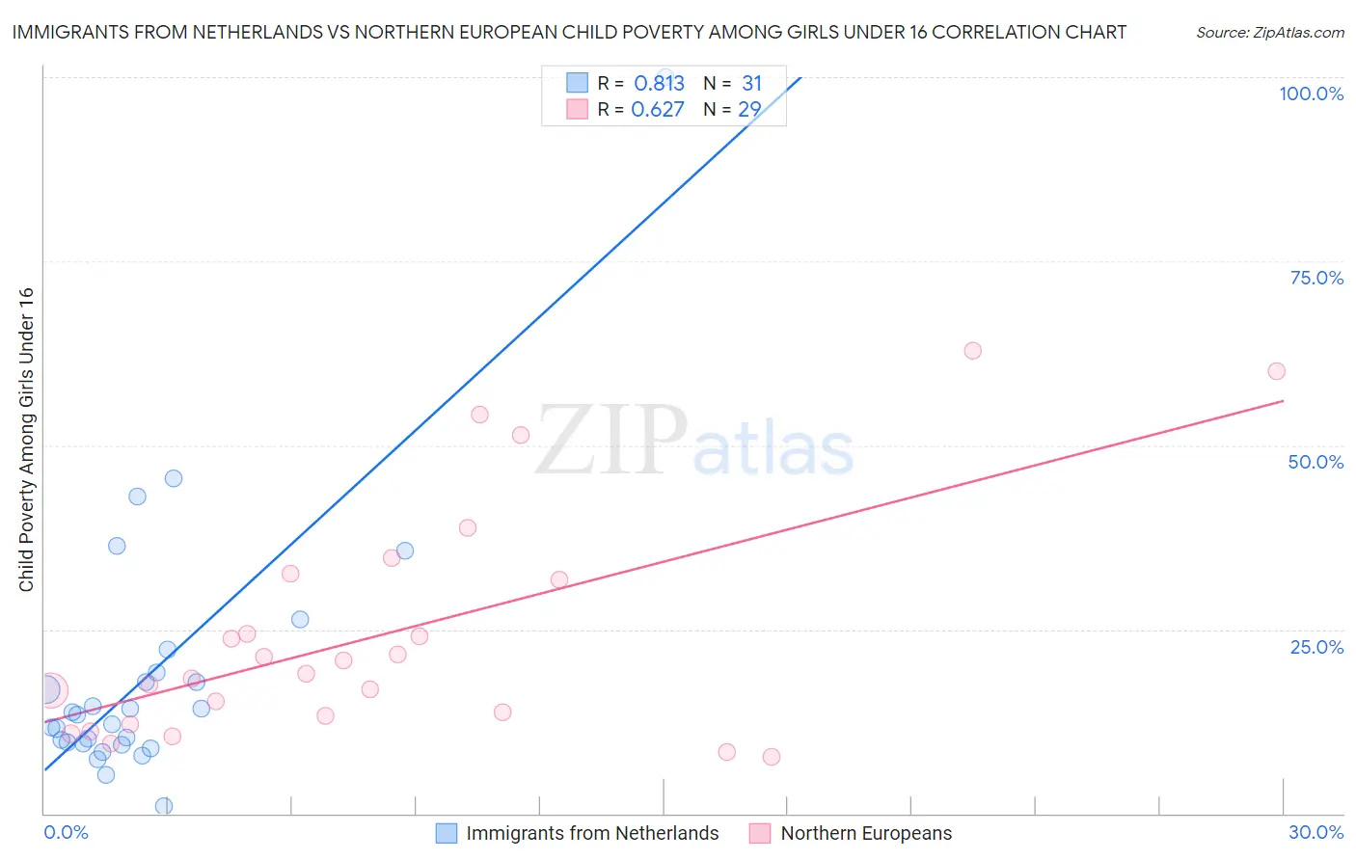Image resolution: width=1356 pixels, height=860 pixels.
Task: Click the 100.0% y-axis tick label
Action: pos(1311,94)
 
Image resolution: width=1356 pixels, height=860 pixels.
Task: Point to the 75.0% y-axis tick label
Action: pos(1316,278)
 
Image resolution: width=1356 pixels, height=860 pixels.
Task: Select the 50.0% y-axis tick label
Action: pos(1315,462)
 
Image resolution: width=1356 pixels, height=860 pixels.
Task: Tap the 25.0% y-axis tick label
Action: pos(1316,646)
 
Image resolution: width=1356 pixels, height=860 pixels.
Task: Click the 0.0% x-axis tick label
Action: pos(66,832)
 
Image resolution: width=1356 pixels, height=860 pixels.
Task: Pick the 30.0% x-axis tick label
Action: pos(1315,832)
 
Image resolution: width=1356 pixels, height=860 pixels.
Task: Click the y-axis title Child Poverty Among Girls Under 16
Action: pos(26,440)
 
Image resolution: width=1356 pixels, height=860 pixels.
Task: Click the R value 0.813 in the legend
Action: pos(659,84)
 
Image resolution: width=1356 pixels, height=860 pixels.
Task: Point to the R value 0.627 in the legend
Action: pos(657,110)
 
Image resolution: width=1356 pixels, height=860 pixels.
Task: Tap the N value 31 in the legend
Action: pos(751,84)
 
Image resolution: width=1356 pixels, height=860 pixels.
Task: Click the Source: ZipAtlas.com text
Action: pos(1269,33)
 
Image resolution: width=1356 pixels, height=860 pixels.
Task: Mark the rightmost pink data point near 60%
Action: pos(1276,371)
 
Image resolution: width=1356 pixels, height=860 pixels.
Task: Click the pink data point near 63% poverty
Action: pos(972,351)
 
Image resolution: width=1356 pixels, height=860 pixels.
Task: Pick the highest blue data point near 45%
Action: pos(174,478)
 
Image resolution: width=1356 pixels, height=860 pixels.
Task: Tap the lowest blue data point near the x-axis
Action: pos(164,806)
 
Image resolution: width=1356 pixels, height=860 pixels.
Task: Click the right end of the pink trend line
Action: pos(1283,400)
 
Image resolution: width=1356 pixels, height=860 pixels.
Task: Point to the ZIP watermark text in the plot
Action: pos(611,440)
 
